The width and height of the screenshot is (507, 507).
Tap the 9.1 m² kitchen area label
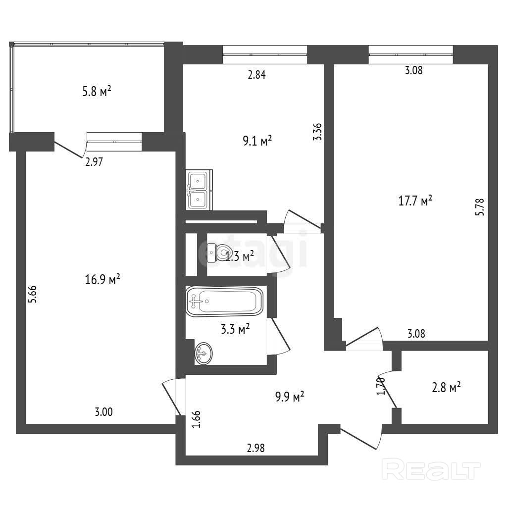(257, 142)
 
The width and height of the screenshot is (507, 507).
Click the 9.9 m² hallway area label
(289, 397)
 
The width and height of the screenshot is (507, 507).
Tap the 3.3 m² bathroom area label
(234, 329)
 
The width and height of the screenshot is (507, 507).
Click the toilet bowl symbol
(218, 253)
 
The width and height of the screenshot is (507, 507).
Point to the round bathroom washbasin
(203, 354)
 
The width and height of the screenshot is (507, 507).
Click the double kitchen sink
(199, 190)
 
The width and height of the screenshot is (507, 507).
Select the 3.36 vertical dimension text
(318, 132)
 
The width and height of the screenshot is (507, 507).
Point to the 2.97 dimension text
(94, 162)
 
